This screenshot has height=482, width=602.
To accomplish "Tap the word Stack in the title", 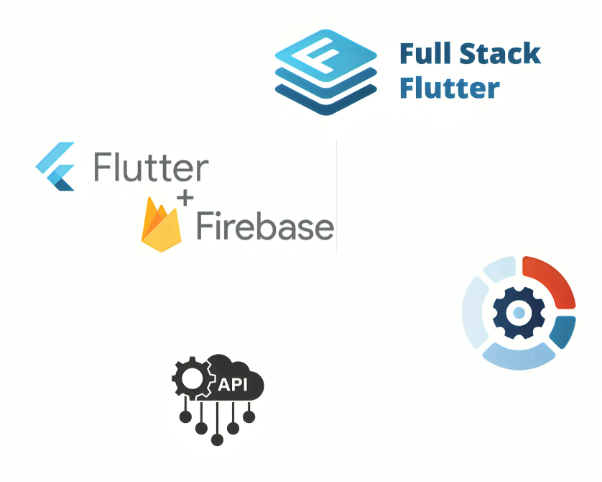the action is [x=500, y=53].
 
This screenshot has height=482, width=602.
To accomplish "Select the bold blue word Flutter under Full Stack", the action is [x=450, y=88].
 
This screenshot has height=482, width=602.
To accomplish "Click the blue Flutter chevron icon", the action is [x=55, y=166].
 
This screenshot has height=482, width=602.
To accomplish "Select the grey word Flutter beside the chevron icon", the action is [x=152, y=167].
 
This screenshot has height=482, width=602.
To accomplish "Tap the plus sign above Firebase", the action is [x=185, y=199].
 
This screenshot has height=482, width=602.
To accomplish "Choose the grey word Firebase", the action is [x=265, y=227].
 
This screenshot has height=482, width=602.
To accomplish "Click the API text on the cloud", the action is [x=233, y=384].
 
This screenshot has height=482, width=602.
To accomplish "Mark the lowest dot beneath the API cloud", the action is [x=217, y=440].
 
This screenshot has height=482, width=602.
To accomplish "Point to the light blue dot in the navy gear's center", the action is [x=519, y=312].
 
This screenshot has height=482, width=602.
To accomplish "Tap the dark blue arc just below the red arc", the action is [x=564, y=332].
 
